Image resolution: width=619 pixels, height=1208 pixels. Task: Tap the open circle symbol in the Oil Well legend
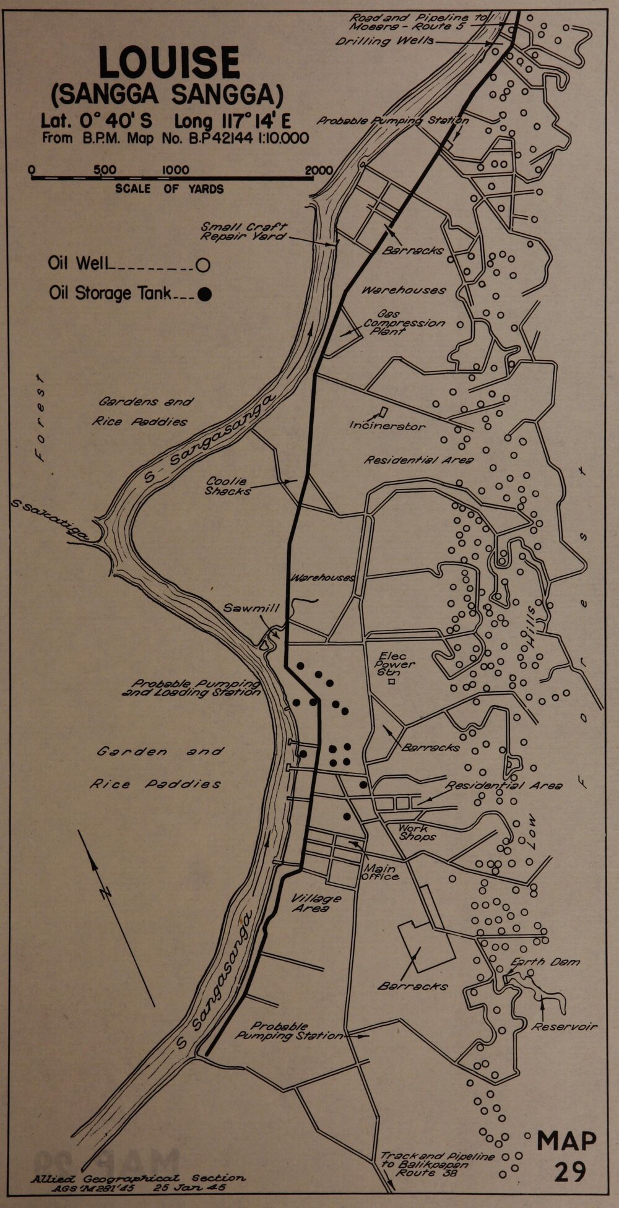click(202, 265)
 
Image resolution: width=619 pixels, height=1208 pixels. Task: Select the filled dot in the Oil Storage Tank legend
click(204, 295)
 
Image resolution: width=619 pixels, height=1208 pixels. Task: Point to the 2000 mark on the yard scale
click(319, 170)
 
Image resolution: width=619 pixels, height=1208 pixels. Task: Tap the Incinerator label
click(387, 426)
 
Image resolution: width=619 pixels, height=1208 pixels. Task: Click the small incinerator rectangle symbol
click(383, 412)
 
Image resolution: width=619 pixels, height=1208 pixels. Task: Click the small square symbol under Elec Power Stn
click(391, 682)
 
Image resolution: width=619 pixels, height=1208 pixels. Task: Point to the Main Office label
click(380, 873)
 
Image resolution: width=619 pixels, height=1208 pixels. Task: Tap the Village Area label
click(316, 904)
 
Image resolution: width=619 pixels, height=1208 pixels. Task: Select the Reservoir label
click(565, 1027)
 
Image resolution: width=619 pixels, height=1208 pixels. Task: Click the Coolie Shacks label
click(228, 486)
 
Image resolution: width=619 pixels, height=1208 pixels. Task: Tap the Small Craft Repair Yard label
click(243, 231)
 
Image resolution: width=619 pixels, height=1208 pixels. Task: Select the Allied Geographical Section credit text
click(137, 1182)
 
